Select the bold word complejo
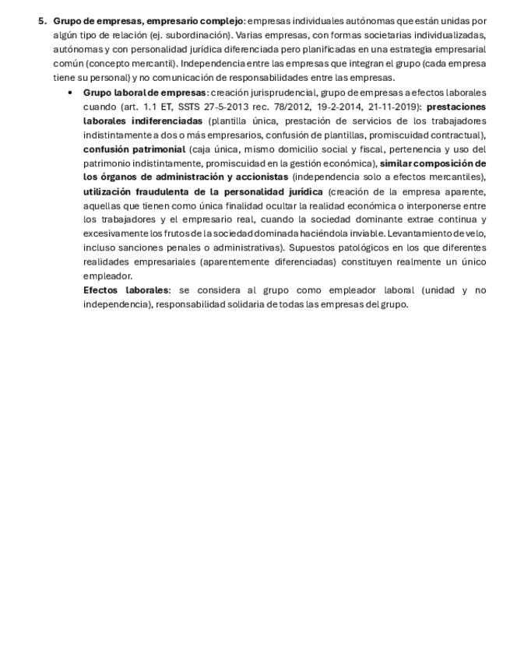tap(222, 21)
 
